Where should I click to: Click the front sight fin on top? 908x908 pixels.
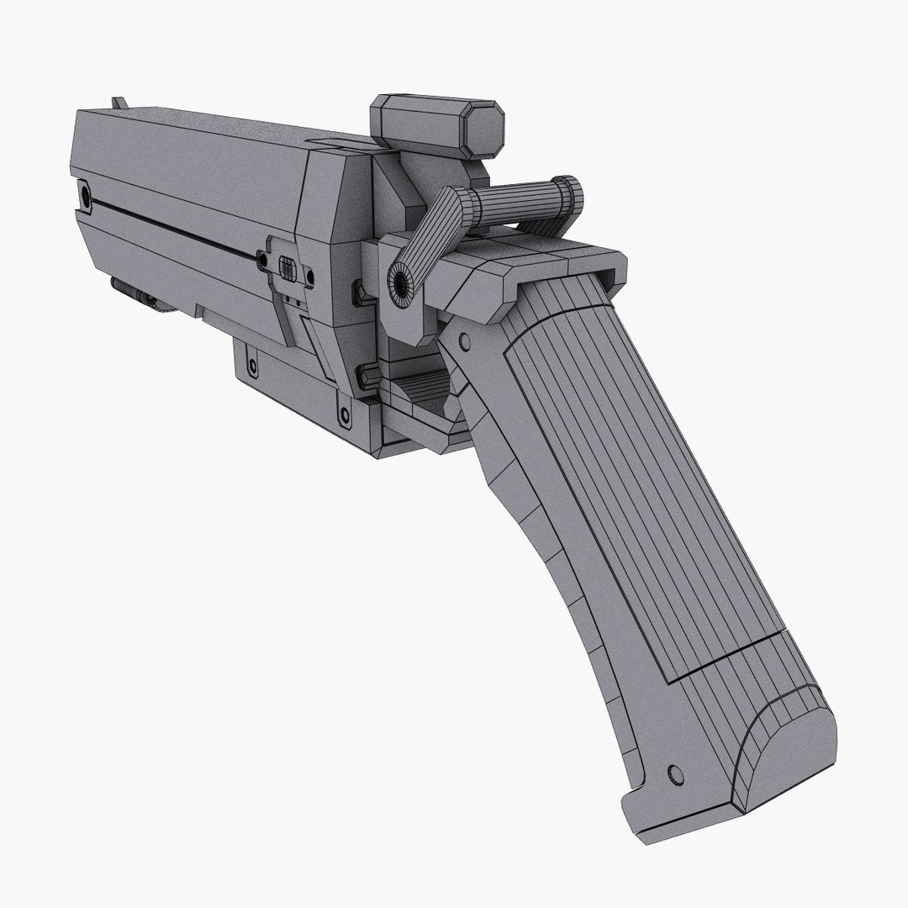(119, 102)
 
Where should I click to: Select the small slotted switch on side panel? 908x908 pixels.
(287, 270)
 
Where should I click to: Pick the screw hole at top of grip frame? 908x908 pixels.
(462, 341)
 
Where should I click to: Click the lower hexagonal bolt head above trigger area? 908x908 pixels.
(367, 373)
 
